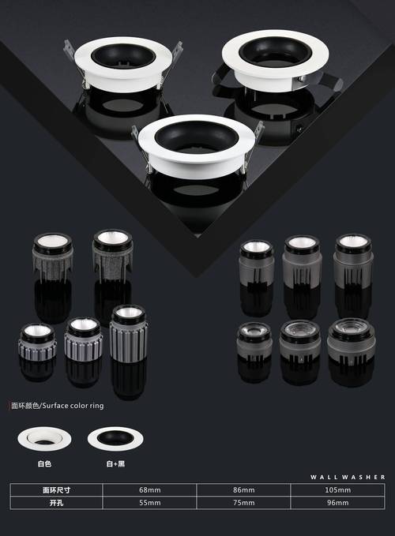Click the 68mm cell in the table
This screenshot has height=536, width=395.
150,490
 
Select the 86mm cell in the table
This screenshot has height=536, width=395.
244,490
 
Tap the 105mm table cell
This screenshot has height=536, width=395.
338,490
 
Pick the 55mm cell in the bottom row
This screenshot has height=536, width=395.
150,503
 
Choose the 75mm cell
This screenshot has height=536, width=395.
244,503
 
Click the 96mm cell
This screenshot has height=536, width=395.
338,503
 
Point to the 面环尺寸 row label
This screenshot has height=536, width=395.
56,490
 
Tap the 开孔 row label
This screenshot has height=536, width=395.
56,503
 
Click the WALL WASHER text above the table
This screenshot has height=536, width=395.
348,477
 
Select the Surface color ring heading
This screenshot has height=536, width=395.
58,406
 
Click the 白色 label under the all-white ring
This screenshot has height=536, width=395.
44,464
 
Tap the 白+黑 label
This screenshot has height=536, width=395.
115,464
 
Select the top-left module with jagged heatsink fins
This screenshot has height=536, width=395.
53,257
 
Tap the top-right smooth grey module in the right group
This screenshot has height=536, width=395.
354,261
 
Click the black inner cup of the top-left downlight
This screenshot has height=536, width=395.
123,56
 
